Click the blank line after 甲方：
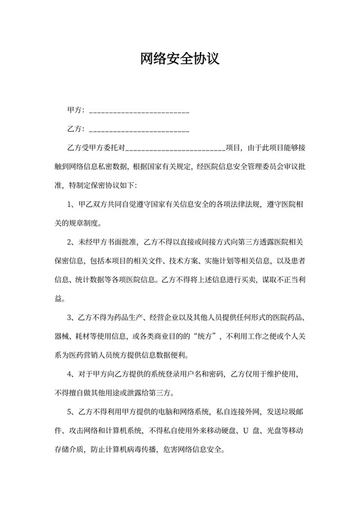pyautogui.click(x=138, y=111)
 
